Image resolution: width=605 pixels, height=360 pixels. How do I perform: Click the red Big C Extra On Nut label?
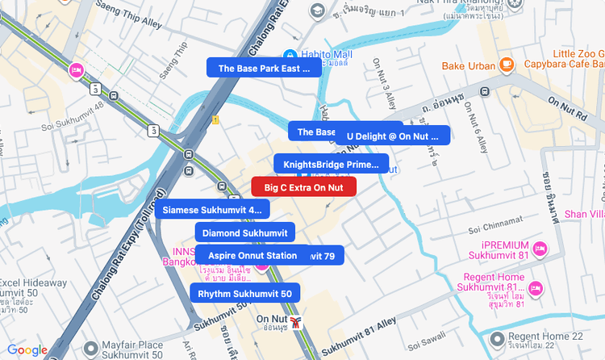304,187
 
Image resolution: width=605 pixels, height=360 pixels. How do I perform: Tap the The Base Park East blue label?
264,69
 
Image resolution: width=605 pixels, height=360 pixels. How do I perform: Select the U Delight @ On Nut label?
393,136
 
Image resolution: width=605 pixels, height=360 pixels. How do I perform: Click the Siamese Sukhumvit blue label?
212,210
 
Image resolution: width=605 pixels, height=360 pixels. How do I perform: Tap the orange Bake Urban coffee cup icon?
506,64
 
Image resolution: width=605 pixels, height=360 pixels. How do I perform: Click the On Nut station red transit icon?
297,323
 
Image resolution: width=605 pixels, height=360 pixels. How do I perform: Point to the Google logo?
27,350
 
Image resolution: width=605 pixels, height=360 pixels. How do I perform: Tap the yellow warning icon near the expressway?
215,119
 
